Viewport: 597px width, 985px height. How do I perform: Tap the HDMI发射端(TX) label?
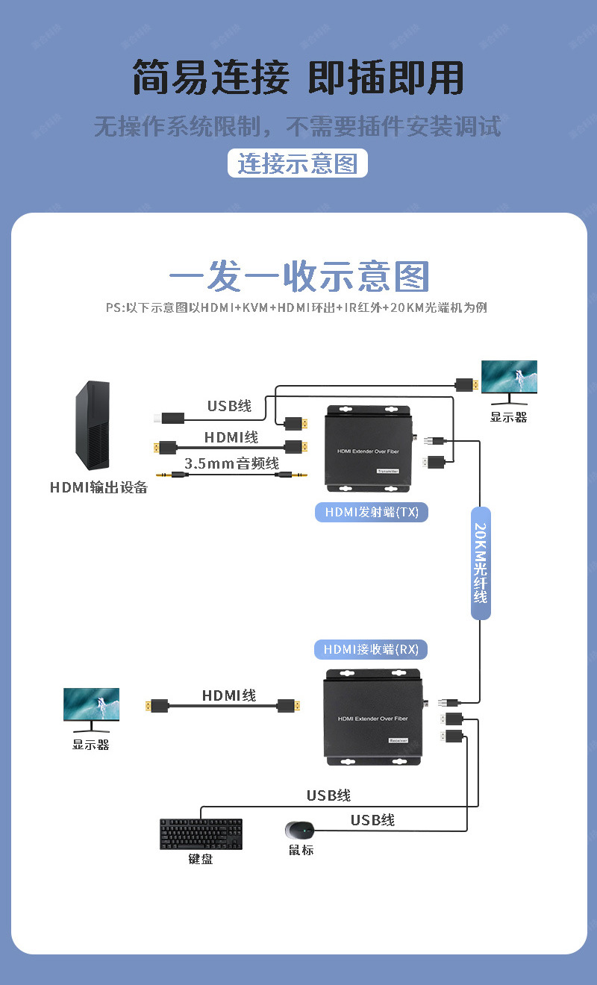click(372, 512)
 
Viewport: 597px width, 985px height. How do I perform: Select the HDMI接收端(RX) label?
click(372, 649)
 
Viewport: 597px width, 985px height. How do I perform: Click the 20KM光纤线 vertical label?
click(481, 563)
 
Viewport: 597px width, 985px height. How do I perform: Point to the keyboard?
click(201, 834)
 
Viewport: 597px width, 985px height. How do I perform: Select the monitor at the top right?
click(509, 381)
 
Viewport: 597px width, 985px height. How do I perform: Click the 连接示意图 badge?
click(297, 163)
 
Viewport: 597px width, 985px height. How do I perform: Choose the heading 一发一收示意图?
click(298, 277)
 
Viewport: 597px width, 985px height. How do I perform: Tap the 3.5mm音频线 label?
click(231, 463)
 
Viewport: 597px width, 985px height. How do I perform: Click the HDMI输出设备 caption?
click(99, 488)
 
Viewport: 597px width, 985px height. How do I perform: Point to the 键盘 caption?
click(200, 859)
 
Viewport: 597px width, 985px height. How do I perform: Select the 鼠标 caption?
click(301, 850)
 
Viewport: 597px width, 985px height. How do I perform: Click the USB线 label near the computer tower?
click(229, 406)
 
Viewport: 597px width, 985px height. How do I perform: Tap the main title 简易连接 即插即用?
click(298, 78)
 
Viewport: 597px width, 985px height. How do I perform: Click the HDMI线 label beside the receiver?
click(229, 695)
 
